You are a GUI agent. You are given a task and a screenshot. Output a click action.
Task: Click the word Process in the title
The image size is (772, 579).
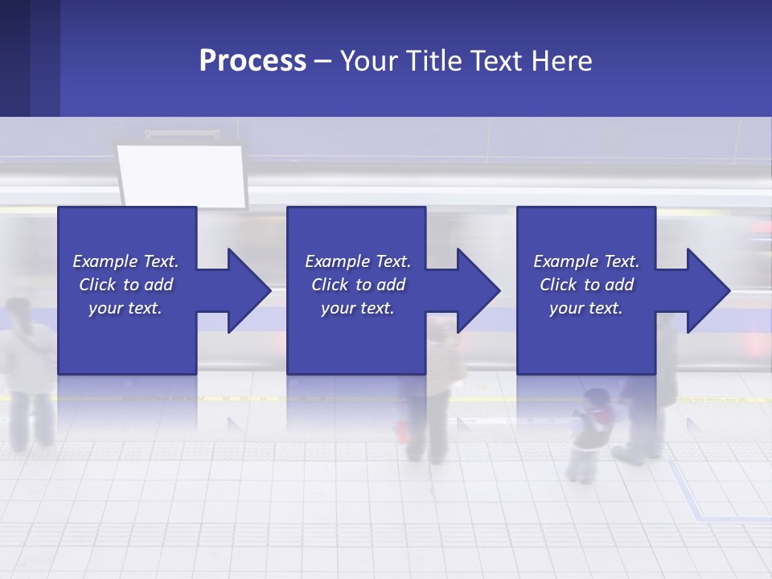[x=253, y=61]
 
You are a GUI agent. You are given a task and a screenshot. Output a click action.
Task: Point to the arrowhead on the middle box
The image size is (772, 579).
[x=476, y=290]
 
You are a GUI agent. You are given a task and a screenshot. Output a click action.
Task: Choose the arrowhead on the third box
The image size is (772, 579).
[x=706, y=290]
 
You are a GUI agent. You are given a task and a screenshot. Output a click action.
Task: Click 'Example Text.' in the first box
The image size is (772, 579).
[x=125, y=261]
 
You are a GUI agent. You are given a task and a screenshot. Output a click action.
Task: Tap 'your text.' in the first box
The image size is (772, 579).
[x=125, y=308]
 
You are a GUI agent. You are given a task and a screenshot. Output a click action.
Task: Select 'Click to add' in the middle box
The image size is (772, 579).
[x=358, y=285]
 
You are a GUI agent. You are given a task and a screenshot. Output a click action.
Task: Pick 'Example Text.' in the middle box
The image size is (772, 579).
[x=358, y=261]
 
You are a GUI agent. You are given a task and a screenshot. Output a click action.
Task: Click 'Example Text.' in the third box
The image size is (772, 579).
[x=586, y=261]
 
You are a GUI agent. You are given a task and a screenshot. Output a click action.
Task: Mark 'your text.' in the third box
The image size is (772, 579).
[x=586, y=308]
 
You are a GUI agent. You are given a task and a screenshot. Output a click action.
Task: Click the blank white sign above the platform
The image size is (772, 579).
[x=183, y=175]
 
